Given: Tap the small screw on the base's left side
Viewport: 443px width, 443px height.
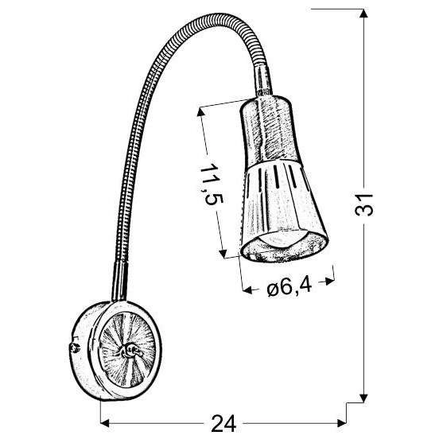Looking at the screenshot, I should pos(73,348).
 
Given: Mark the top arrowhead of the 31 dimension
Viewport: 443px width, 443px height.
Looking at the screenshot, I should pos(363,12).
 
